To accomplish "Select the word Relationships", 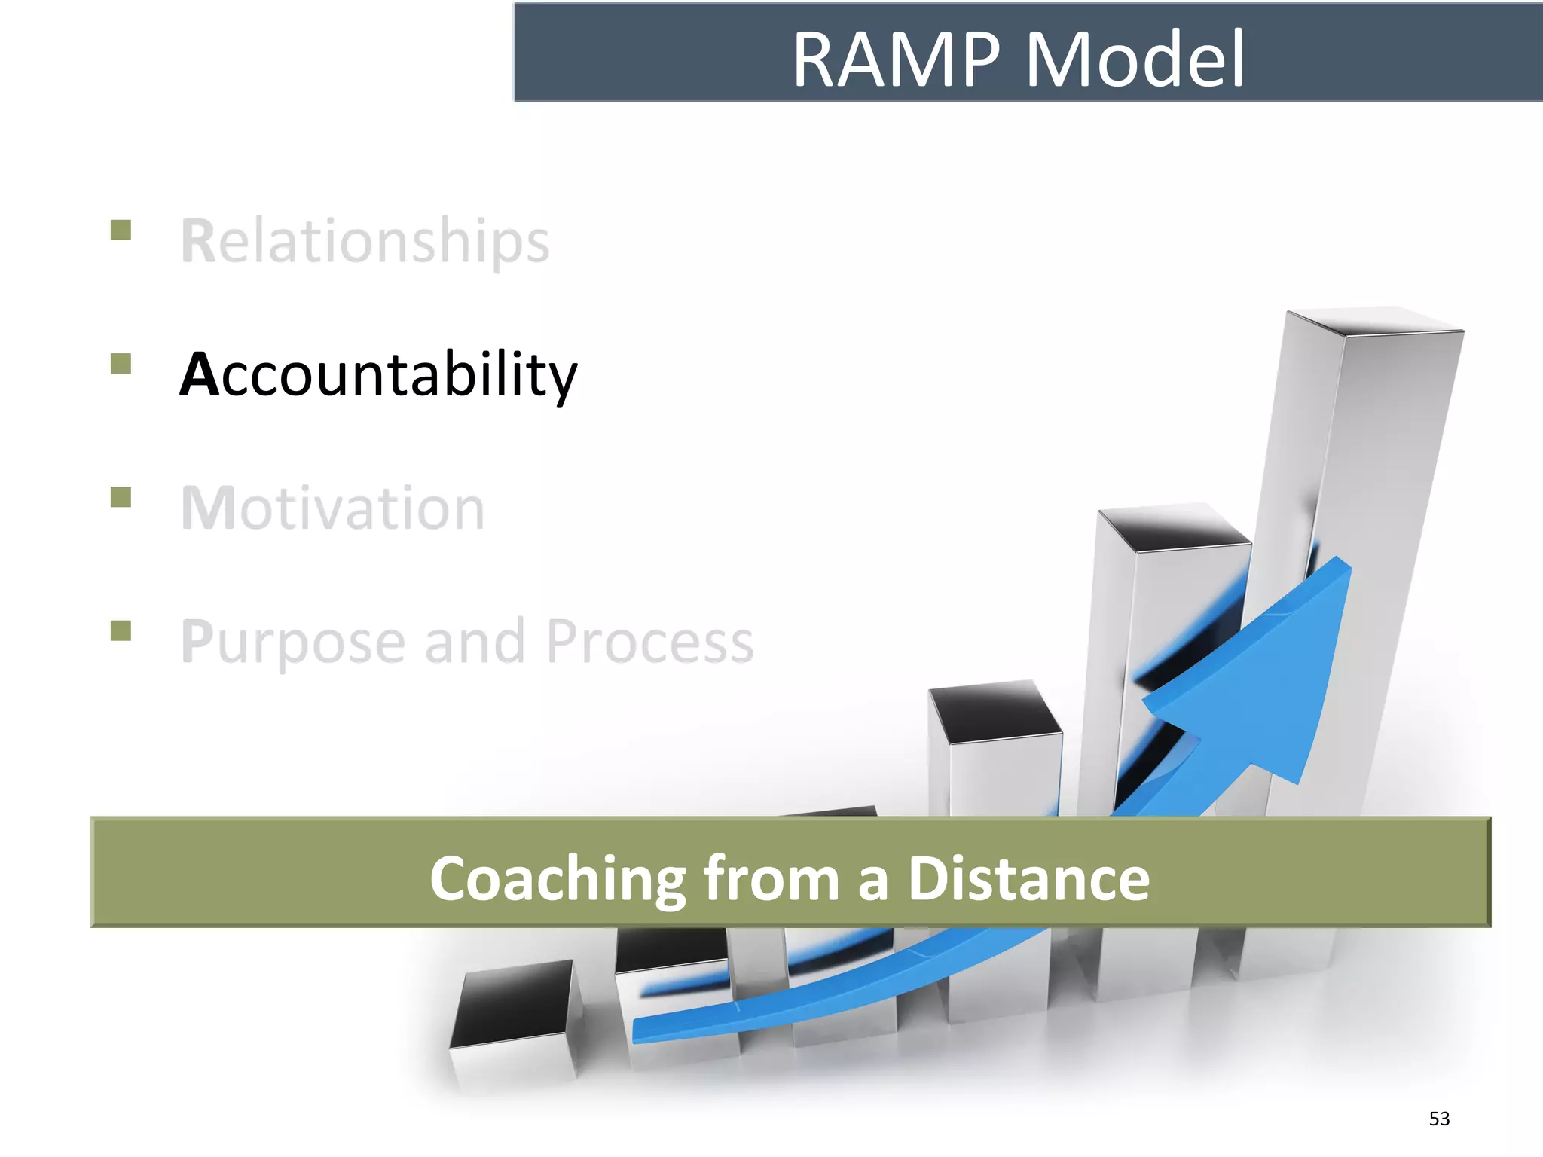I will (365, 241).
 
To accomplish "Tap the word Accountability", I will (378, 374).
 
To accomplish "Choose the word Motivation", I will (333, 508).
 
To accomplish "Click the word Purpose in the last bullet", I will (293, 643).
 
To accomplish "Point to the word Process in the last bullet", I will (649, 641).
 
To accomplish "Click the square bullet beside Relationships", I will (121, 230).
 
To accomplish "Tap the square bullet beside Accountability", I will (121, 364).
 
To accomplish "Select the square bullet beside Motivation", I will (121, 497).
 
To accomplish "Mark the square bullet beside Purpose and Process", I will (121, 630).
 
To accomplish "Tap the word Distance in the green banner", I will (1028, 878).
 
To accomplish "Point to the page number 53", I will (1439, 1119).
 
